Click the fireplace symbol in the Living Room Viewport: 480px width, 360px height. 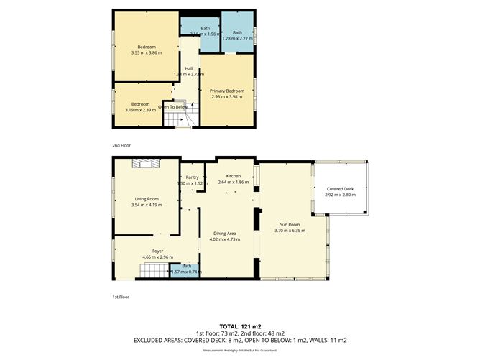pos(147,165)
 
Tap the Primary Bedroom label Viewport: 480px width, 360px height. pos(227,91)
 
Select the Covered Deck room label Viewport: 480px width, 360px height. pos(340,188)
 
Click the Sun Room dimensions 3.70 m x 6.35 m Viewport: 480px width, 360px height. pos(290,231)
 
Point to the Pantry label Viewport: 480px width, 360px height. pos(192,177)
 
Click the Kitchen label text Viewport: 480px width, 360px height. pos(233,176)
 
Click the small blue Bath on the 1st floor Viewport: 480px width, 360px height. pos(185,269)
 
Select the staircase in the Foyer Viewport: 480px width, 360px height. pos(152,271)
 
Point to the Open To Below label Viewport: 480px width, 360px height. pos(173,107)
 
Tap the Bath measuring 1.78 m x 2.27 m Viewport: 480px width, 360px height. pos(236,36)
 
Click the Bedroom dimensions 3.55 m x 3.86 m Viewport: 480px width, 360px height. pos(147,53)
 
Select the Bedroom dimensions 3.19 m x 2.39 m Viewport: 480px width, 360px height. pos(140,110)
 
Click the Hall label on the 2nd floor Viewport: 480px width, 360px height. pos(189,69)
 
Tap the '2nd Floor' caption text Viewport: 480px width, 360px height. pos(122,145)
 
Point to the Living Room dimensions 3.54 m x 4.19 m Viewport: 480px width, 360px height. pos(147,205)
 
